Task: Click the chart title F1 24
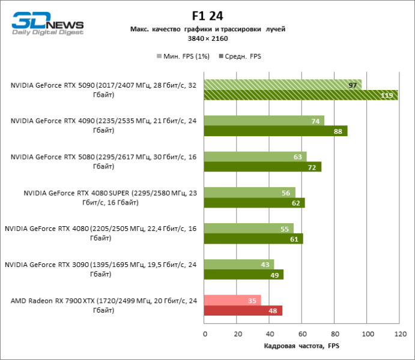[x=207, y=16]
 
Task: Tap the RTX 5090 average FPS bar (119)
[x=300, y=95]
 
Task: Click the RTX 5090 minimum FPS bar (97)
[x=282, y=85]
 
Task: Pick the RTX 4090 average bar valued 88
[x=276, y=131]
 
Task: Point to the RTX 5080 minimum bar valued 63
[x=255, y=157]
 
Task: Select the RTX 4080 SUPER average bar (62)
[x=254, y=203]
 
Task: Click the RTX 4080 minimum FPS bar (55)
[x=249, y=229]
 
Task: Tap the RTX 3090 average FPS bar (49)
[x=244, y=275]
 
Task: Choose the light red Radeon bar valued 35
[x=232, y=301]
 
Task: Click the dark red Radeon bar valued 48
[x=243, y=311]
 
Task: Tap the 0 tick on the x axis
[x=205, y=334]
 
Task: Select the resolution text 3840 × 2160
[x=207, y=38]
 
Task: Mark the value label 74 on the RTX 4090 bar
[x=315, y=121]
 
